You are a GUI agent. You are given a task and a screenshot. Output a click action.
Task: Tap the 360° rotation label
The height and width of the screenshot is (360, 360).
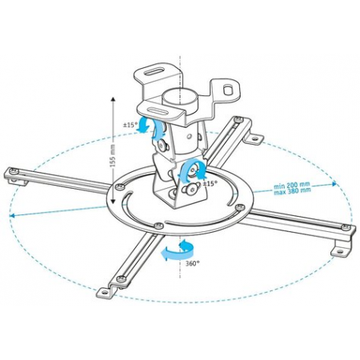193,263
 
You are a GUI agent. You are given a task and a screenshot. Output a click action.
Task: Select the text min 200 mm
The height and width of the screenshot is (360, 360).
292,185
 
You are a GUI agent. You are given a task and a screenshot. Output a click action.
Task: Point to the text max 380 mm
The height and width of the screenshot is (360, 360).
292,190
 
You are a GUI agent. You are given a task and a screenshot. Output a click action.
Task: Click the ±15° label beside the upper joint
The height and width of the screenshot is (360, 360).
130,125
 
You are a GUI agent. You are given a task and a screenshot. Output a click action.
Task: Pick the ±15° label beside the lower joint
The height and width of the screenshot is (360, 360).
210,184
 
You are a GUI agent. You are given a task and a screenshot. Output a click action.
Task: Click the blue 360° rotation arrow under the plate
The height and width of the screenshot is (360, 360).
178,250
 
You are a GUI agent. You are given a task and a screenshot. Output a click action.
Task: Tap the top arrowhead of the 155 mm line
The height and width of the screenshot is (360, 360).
113,100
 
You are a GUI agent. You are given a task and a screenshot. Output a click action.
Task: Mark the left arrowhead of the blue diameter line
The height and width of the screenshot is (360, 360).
12,215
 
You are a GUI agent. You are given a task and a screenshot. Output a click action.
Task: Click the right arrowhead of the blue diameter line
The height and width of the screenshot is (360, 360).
334,183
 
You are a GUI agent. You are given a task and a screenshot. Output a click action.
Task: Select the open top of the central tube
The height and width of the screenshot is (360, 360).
180,94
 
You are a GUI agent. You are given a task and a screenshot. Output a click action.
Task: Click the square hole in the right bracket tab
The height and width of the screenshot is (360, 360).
228,90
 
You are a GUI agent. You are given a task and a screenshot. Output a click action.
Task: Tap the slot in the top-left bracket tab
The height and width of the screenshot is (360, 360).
154,72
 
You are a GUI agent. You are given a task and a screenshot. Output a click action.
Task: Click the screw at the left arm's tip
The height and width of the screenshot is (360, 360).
14,171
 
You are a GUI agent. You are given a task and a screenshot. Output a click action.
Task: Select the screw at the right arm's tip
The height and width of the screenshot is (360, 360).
346,227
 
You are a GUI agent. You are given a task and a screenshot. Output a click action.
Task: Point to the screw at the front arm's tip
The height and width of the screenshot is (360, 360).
122,278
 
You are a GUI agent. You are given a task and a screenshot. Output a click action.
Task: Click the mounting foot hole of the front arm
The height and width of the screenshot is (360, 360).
106,293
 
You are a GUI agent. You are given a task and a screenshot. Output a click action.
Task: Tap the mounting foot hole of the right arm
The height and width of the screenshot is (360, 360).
339,251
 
